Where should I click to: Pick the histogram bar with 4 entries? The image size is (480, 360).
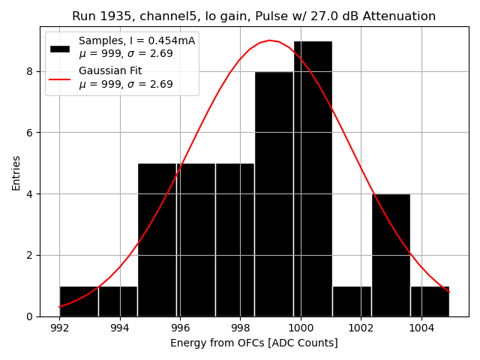pyautogui.click(x=391, y=255)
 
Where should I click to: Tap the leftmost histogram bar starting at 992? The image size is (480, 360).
pyautogui.click(x=79, y=301)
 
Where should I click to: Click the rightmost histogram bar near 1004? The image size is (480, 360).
pyautogui.click(x=430, y=301)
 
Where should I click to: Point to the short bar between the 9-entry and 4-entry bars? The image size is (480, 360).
pyautogui.click(x=352, y=301)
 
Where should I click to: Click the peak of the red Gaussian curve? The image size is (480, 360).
pyautogui.click(x=269, y=40)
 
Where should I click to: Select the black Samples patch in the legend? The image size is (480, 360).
pyautogui.click(x=59, y=48)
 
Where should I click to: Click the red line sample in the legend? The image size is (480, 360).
pyautogui.click(x=59, y=78)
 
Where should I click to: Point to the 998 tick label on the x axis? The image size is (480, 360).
pyautogui.click(x=240, y=328)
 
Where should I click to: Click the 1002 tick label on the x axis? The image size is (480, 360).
pyautogui.click(x=361, y=328)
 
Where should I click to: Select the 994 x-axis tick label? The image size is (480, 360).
pyautogui.click(x=120, y=328)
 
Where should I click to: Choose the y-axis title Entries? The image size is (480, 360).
pyautogui.click(x=16, y=172)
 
